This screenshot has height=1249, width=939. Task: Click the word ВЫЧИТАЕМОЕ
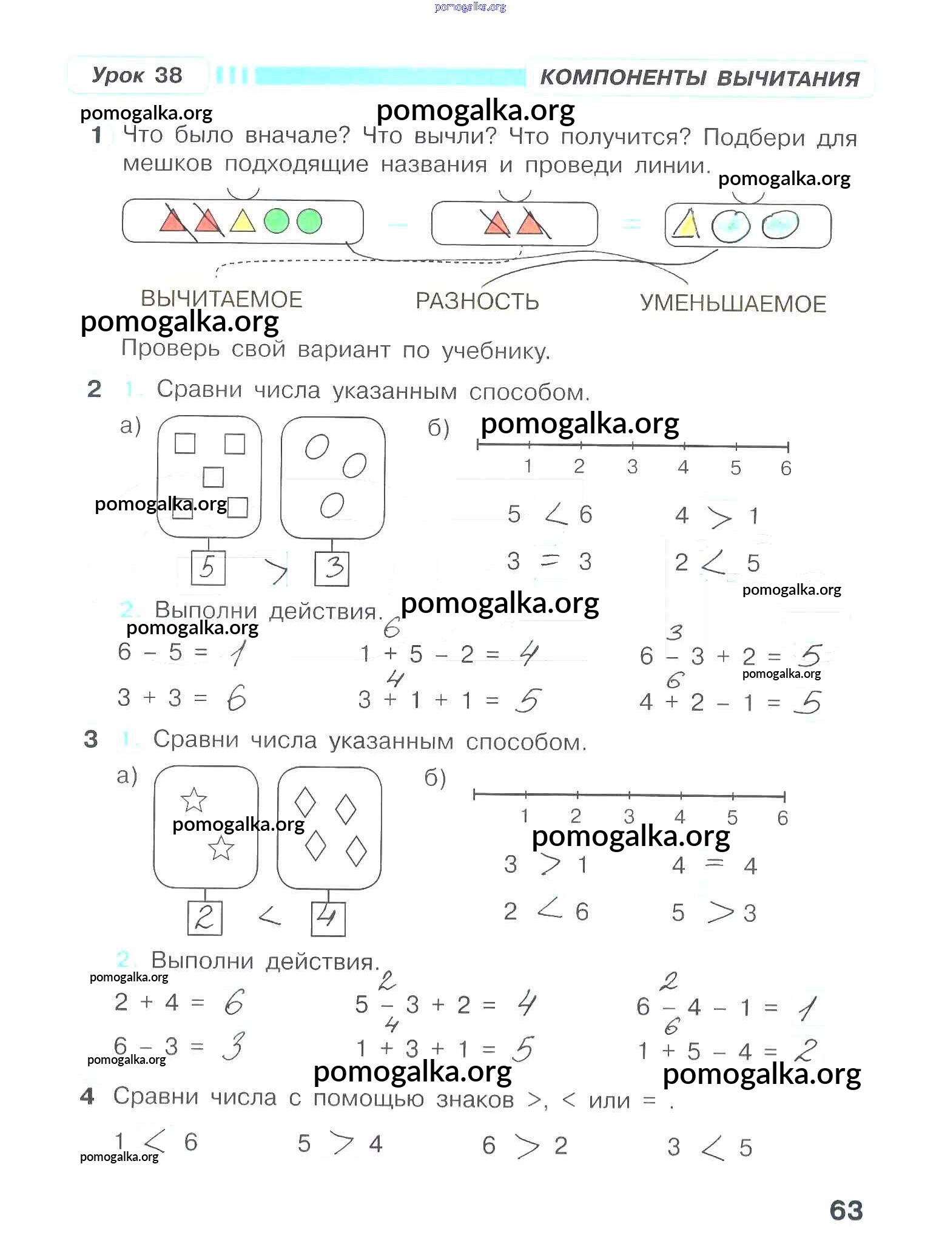point(221,299)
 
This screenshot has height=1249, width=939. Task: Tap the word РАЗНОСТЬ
point(477,301)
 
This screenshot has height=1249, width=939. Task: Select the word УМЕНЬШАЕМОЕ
point(733,303)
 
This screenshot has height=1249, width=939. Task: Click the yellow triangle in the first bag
point(242,222)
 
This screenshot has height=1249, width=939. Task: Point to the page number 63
point(846,1210)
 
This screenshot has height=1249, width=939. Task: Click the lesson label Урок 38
point(137,75)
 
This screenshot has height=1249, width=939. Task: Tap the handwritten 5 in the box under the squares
point(207,568)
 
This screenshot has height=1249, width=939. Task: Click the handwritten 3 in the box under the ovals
point(332,568)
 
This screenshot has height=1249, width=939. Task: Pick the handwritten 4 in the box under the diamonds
point(328,918)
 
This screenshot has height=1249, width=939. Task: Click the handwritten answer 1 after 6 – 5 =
point(237,654)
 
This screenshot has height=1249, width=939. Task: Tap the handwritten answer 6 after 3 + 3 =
point(236,700)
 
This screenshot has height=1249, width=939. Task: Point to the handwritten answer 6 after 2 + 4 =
point(234,1003)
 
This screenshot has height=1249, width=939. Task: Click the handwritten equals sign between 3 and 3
point(550,561)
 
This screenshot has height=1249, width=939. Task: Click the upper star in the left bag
point(194,800)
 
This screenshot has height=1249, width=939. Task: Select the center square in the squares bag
point(213,477)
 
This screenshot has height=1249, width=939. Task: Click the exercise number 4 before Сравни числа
point(88,1096)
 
